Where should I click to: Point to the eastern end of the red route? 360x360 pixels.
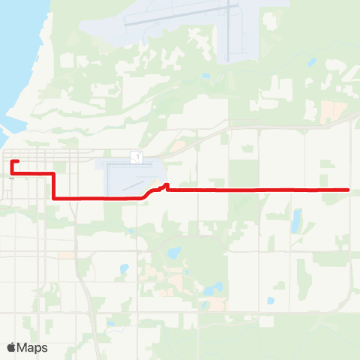pos(349,190)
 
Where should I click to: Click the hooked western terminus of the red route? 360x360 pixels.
pos(13,162)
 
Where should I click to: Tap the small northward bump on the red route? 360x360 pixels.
pos(166,185)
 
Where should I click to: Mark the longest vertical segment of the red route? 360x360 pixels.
pos(53,186)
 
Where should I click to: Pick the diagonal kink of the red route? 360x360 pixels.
pos(150,193)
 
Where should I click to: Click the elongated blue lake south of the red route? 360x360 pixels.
pos(297,220)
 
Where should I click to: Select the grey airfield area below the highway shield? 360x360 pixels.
pos(131,178)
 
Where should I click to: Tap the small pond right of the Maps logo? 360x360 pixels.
pos(110,325)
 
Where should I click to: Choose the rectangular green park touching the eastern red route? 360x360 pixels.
pos(324,181)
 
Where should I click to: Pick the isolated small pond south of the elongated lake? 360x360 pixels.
pos(270,301)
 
